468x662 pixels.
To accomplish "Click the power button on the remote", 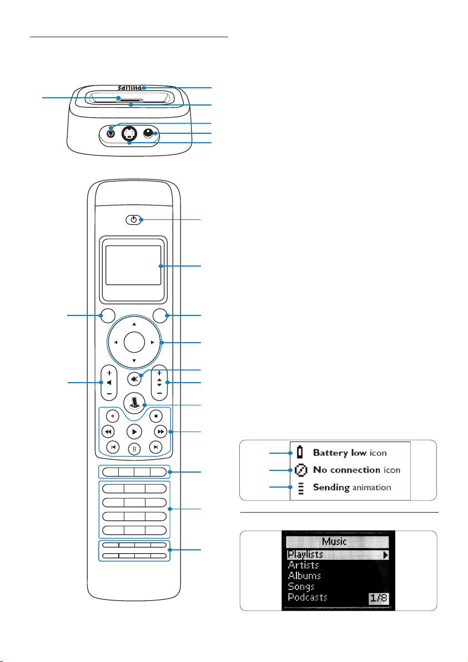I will [132, 220].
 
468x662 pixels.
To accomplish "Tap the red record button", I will [113, 415].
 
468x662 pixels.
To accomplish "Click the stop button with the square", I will [157, 415].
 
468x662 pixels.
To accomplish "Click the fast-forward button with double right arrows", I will [160, 432].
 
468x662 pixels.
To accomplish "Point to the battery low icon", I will [300, 453].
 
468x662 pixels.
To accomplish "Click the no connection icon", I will [300, 470].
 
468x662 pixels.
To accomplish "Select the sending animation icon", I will [300, 488].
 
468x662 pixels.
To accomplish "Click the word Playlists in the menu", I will [305, 554].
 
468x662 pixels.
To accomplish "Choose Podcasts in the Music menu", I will [308, 597].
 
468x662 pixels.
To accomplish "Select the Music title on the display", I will [335, 541].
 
